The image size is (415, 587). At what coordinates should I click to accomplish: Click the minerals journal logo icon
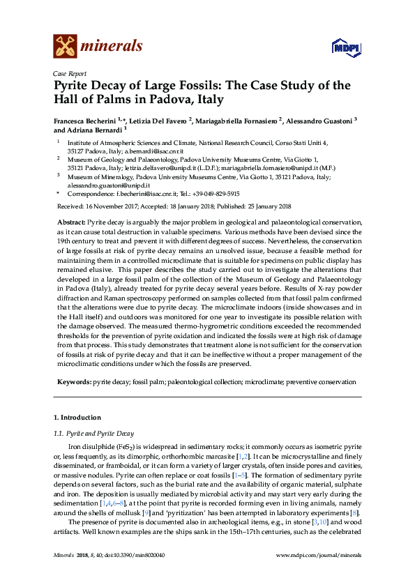[x=66, y=47]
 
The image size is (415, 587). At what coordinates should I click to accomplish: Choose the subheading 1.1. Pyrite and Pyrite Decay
[x=94, y=434]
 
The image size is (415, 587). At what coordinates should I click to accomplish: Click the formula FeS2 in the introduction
[x=126, y=445]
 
